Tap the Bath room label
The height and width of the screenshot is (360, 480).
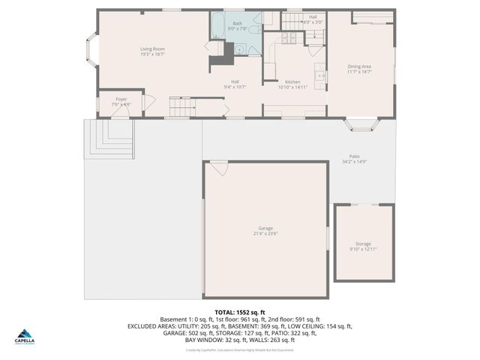[237, 23]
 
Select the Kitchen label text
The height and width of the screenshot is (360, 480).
[292, 82]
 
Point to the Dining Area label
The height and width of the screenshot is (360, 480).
[359, 66]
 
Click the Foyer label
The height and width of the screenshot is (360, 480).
[121, 99]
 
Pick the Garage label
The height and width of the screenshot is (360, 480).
[265, 228]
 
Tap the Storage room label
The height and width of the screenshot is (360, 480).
[363, 244]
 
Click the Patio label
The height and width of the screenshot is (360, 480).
[353, 156]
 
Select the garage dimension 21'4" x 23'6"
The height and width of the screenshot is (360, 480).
[265, 234]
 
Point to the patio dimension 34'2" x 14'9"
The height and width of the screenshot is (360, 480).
[353, 161]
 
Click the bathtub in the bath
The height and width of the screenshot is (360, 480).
[217, 26]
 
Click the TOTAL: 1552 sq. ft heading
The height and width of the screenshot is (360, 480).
[240, 312]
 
